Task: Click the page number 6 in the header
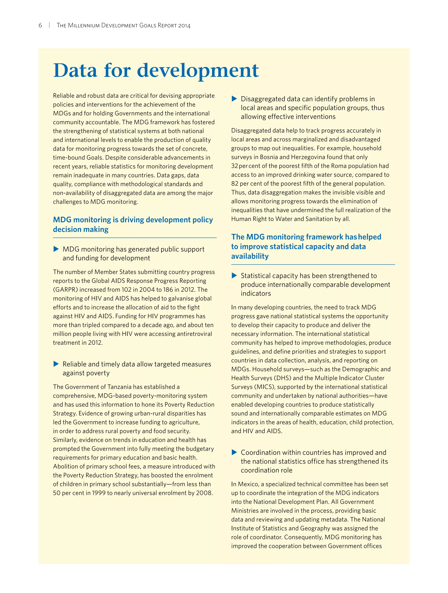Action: (x=40, y=25)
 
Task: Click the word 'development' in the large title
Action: (x=198, y=71)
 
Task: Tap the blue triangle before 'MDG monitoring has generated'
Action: (x=56, y=249)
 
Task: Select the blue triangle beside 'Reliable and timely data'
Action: (x=56, y=364)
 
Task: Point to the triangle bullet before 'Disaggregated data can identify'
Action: (x=234, y=99)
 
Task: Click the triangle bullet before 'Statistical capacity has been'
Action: (x=234, y=275)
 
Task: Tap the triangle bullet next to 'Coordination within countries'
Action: (x=234, y=452)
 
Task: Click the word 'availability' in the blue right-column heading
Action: (x=250, y=256)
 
